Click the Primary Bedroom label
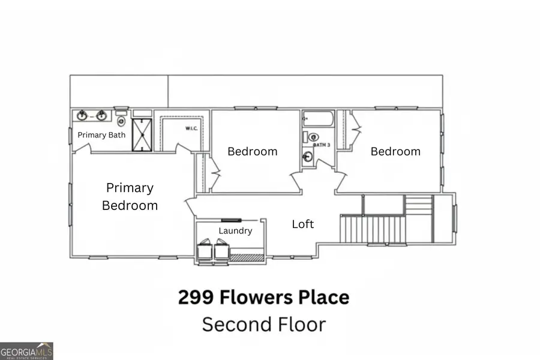(130, 197)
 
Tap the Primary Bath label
(101, 135)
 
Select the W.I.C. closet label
(191, 128)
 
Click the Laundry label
(235, 231)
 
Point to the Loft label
(302, 224)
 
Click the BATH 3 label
(322, 145)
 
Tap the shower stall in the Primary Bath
(142, 134)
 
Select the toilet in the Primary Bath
(121, 119)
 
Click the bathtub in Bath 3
(317, 118)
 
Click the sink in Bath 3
(308, 157)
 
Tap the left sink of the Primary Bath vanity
(82, 115)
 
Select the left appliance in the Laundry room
(205, 250)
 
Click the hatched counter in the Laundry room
(247, 258)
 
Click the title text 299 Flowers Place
(263, 297)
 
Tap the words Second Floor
(263, 325)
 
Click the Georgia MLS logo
(26, 350)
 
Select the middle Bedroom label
(252, 151)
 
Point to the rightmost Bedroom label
(395, 151)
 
